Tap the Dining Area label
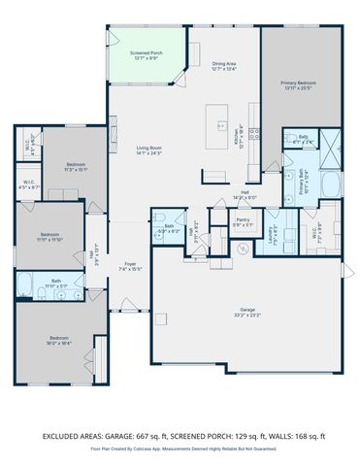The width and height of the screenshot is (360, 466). (x=224, y=63)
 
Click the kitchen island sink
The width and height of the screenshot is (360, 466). (x=214, y=126)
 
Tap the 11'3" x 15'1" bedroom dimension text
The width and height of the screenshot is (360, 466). (x=77, y=169)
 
